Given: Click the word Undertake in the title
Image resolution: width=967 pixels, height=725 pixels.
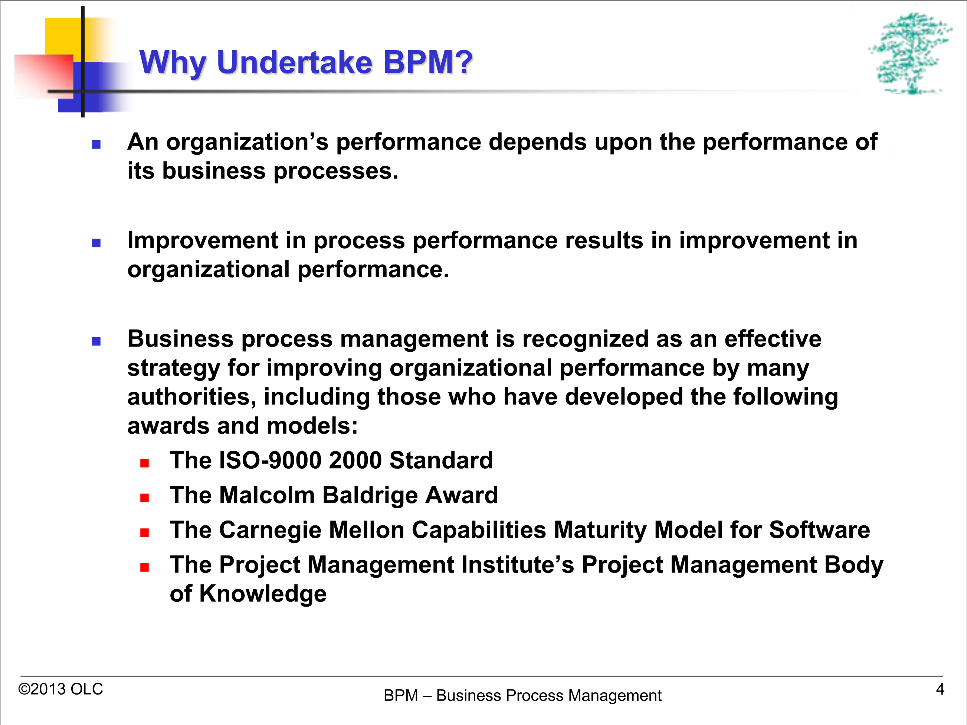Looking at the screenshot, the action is (x=294, y=62).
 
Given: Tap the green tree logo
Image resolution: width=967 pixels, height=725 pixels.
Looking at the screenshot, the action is (x=910, y=53).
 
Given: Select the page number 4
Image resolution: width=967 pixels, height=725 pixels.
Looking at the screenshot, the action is (x=940, y=689).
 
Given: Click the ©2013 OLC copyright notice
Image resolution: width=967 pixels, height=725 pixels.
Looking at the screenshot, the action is (x=60, y=689).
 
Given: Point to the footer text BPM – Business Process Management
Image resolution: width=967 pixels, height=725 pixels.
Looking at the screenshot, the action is (x=522, y=695).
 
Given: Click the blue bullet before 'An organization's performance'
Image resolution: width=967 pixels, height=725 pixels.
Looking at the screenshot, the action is (x=96, y=145).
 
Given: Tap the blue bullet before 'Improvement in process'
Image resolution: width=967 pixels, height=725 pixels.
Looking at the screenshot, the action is (x=96, y=243).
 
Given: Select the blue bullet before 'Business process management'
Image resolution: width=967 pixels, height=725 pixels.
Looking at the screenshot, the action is (x=96, y=342).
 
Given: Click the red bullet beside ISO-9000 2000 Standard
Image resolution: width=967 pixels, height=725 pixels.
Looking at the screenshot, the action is (x=145, y=463).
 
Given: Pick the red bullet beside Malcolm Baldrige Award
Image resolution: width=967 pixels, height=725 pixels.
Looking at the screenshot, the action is (x=145, y=498).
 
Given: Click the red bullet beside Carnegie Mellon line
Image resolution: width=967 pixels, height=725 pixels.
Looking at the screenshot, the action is (x=145, y=533).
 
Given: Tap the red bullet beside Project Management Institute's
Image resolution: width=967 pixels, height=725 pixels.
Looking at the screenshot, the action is (x=145, y=568).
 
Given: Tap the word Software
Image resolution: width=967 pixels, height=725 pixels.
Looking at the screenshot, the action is (x=820, y=530).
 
